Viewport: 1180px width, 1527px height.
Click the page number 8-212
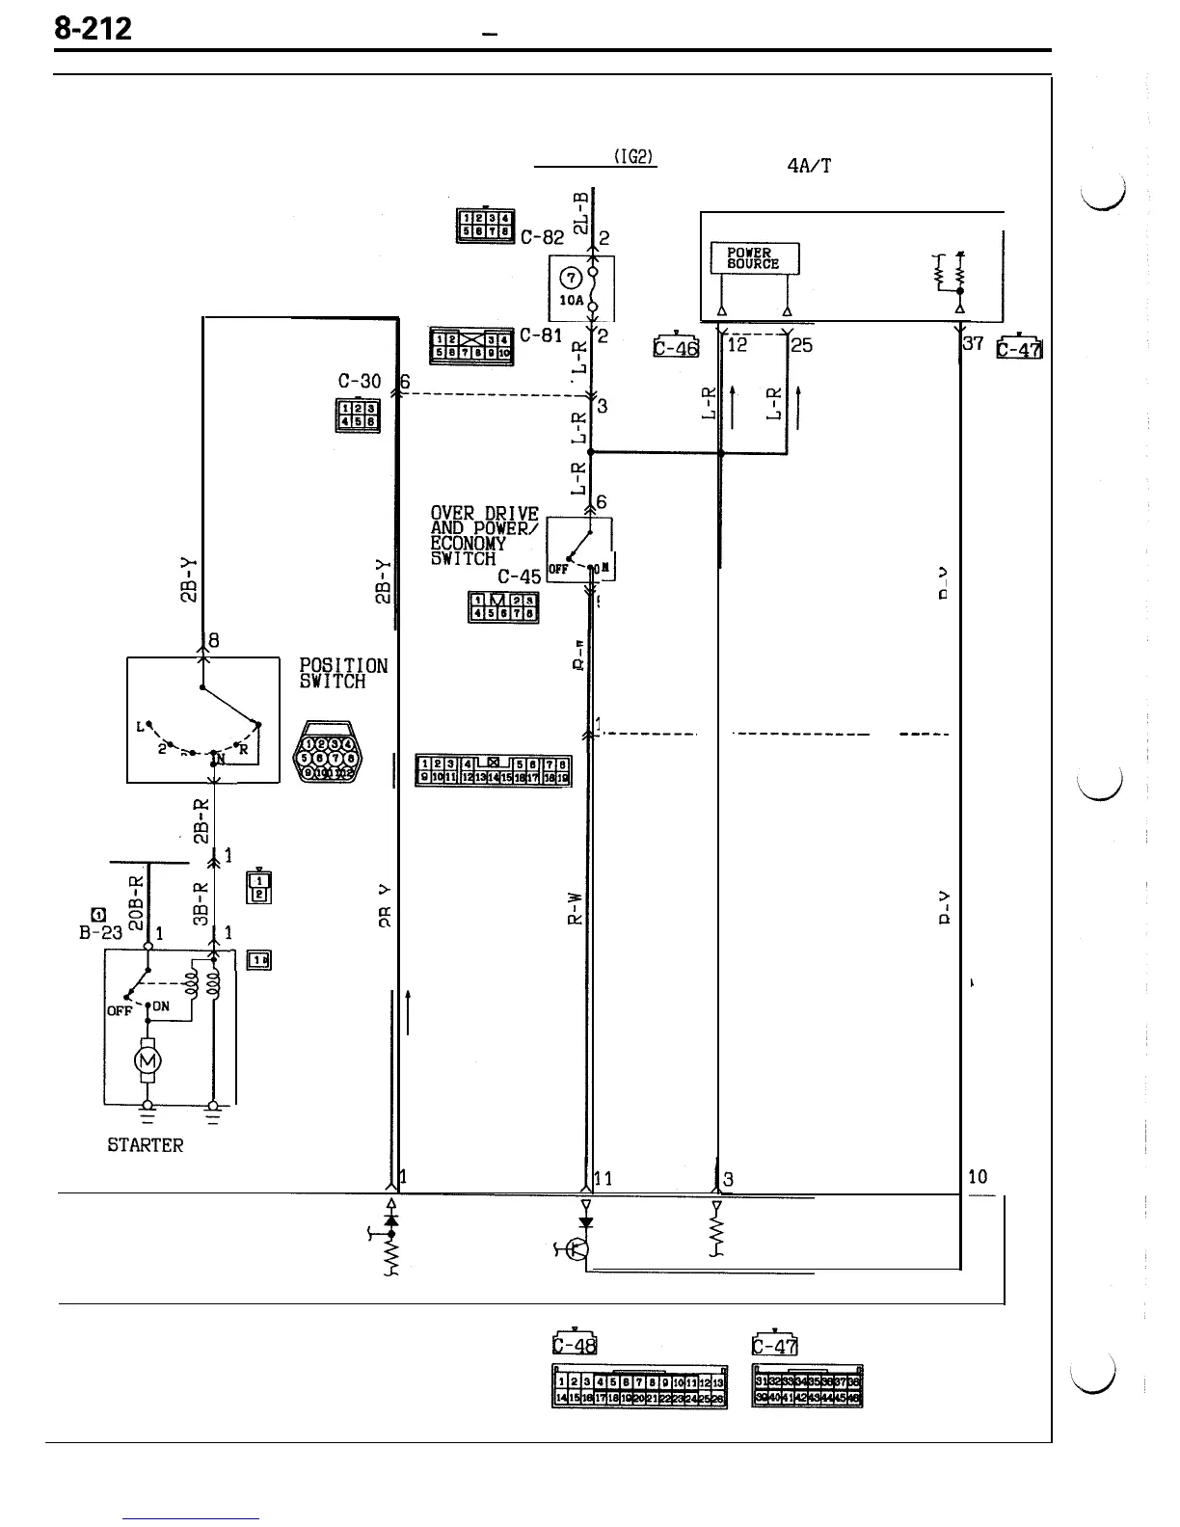93,30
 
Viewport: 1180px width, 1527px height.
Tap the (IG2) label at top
635,157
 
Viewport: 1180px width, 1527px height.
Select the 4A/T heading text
809,166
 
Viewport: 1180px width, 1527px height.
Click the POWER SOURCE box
754,258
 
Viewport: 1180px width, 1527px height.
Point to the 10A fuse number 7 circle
572,279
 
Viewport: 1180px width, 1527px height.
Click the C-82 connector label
541,237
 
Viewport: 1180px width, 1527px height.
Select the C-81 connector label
540,335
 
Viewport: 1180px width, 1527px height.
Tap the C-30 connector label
361,383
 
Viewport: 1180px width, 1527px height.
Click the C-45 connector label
519,576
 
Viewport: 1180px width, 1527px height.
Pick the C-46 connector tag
675,346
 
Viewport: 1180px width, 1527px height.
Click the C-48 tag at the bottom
575,1345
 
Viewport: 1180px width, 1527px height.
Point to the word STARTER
145,1145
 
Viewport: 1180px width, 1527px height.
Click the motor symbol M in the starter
147,1061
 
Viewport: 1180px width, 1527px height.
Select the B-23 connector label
101,932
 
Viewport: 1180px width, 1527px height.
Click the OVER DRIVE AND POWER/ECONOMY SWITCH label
484,536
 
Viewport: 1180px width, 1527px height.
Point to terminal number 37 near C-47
974,344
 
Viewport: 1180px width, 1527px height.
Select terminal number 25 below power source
802,345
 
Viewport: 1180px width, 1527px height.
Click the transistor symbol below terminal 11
577,1249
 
